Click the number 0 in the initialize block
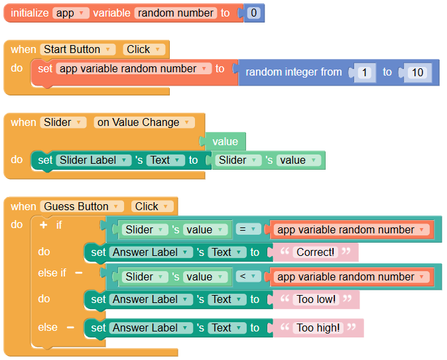[253, 13]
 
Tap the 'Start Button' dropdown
[78, 49]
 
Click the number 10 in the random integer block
[417, 72]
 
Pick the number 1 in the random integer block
[364, 72]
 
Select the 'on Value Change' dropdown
[145, 122]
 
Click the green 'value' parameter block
[225, 141]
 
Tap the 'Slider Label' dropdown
[94, 160]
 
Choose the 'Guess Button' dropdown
[82, 206]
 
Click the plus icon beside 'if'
[43, 225]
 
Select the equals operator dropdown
[248, 229]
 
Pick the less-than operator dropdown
[248, 276]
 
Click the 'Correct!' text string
[315, 252]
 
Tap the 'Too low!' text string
[316, 299]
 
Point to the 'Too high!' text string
[318, 328]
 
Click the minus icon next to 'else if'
[79, 272]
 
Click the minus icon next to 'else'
[70, 328]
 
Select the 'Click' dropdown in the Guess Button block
[153, 206]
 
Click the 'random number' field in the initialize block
[176, 13]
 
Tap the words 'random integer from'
[294, 72]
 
